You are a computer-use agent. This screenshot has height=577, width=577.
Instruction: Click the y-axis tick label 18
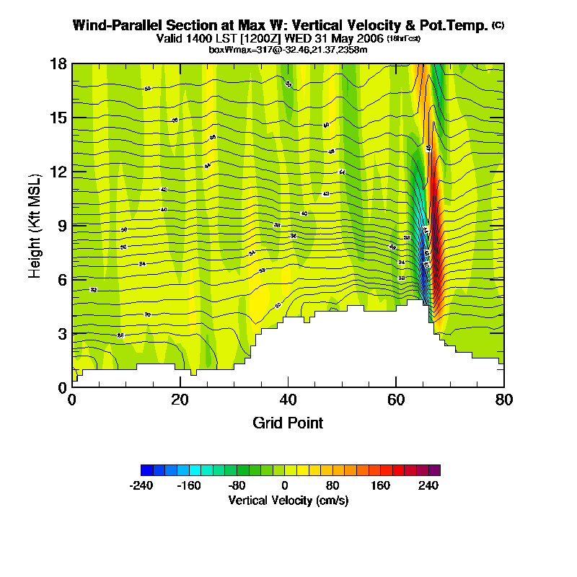click(59, 63)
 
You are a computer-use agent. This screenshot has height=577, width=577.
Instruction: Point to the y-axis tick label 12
click(59, 172)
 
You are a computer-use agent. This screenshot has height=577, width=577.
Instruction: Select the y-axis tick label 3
click(63, 333)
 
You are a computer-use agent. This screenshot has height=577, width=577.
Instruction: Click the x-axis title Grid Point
click(288, 423)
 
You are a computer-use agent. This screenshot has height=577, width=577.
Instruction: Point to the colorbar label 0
click(285, 485)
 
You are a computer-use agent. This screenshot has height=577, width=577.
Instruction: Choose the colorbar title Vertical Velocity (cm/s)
click(288, 500)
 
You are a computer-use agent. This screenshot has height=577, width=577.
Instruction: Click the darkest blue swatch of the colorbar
click(146, 470)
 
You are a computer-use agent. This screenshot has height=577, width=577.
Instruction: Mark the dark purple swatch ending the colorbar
click(434, 470)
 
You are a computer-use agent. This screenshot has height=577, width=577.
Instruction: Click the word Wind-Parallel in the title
click(114, 25)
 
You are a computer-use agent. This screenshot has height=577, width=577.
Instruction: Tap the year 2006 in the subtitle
click(368, 38)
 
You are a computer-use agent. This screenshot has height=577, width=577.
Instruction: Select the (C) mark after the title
click(498, 25)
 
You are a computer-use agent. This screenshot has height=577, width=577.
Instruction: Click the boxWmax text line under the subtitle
click(288, 49)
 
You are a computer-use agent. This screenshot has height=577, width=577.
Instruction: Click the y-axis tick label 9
click(63, 226)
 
